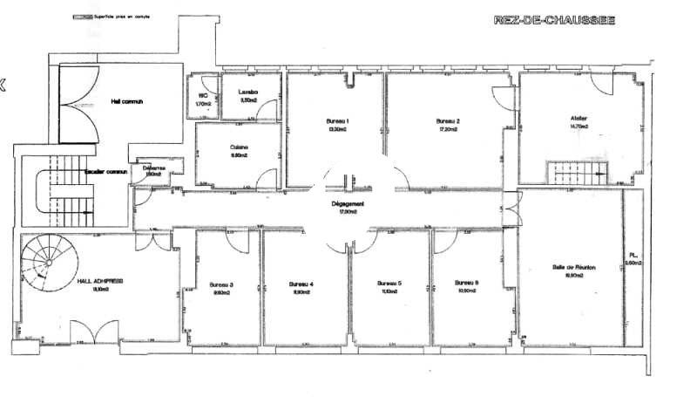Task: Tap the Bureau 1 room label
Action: [x=337, y=120]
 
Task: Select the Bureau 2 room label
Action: [x=447, y=120]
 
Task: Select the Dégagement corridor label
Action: [x=348, y=204]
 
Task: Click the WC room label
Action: [x=202, y=95]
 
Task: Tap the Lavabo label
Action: [x=248, y=92]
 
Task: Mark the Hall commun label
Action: [x=126, y=101]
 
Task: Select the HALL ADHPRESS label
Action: [x=99, y=281]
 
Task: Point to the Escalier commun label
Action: [x=101, y=172]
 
